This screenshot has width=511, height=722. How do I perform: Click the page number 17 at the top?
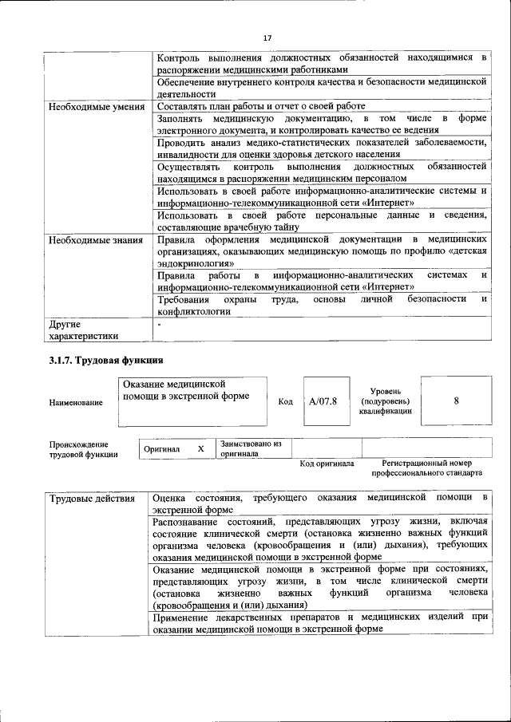pos(267,37)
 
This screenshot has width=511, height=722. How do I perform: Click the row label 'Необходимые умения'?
pos(96,106)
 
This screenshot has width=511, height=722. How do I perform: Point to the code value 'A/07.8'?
pos(323,401)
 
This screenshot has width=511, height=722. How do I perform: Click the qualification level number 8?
pos(456,401)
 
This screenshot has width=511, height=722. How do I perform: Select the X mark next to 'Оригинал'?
pos(201,449)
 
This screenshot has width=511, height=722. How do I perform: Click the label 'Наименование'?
pos(76,403)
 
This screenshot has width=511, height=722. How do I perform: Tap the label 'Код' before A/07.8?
pos(285,401)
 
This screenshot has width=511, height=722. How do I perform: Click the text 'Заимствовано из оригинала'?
pos(252,448)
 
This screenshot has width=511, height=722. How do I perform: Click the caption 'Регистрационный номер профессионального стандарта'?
pos(426,468)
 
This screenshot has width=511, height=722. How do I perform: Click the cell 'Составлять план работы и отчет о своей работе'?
pos(261,106)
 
